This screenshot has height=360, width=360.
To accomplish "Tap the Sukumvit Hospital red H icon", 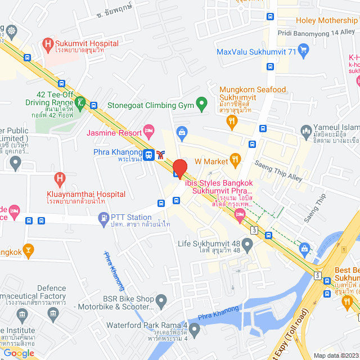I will coord(48,43).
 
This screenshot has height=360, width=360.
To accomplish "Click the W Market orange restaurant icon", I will coord(236,161).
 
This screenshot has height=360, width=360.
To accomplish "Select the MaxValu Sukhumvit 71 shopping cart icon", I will coord(304,52).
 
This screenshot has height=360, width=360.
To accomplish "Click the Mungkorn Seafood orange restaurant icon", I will coord(232,124).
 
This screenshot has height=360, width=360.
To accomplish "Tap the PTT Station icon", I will coord(103,217).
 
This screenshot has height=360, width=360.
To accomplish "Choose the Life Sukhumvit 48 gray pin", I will coord(247,243).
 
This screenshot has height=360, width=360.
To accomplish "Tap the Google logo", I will coord(19,353).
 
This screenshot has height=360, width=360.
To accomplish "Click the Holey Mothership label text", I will coord(326,21).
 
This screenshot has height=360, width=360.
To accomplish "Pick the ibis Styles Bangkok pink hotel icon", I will coord(240,215).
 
